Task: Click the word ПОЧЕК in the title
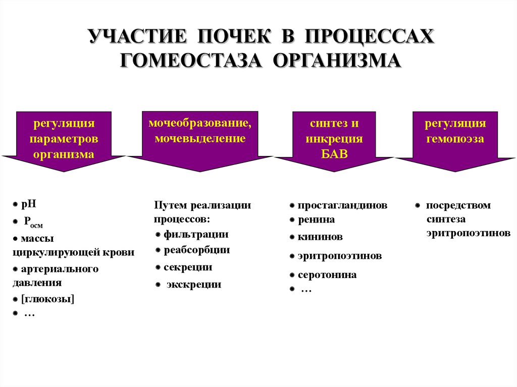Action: [x=234, y=36]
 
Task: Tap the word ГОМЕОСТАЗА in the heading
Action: [x=191, y=61]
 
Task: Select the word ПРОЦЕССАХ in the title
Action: [x=369, y=36]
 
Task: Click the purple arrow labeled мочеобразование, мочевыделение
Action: [x=200, y=141]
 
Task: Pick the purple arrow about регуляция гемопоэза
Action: [x=455, y=141]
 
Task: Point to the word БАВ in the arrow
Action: [x=334, y=153]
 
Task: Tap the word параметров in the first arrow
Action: [x=64, y=139]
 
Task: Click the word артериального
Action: [x=60, y=269]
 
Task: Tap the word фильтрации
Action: [x=196, y=235]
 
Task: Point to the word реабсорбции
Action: [x=197, y=250]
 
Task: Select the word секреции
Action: [x=188, y=267]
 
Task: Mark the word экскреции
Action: [x=193, y=284]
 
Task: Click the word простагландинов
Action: [x=343, y=205]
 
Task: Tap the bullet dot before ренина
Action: [x=292, y=220]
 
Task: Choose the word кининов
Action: [x=320, y=237]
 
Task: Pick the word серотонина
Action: [x=327, y=275]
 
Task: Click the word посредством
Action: [x=458, y=205]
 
